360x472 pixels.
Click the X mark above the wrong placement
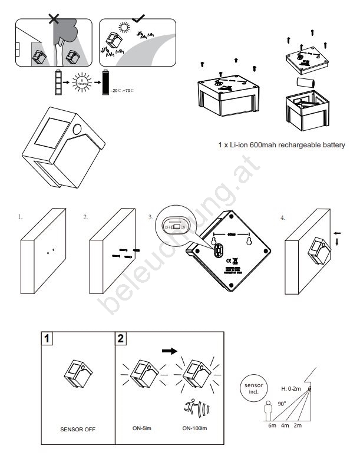(x=54, y=19)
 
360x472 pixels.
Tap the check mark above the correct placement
(x=139, y=18)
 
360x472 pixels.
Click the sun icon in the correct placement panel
(x=124, y=28)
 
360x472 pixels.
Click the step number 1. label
(x=21, y=217)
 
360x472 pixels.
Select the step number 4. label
(x=283, y=217)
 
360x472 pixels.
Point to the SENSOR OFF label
(x=78, y=428)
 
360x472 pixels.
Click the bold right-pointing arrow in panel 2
(x=169, y=350)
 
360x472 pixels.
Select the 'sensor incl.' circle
(x=254, y=387)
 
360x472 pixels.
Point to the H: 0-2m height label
(x=292, y=389)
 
